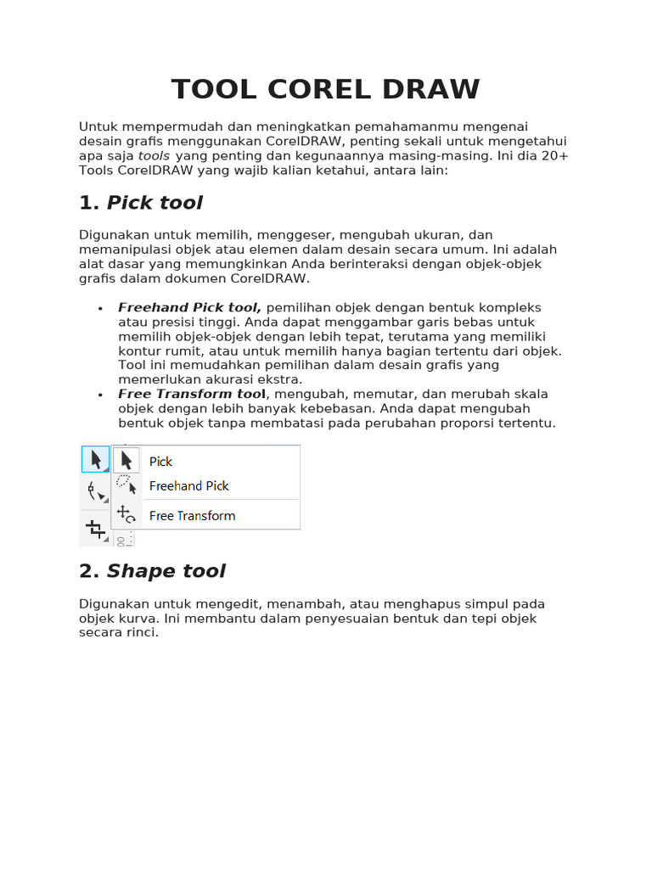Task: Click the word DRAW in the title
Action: [x=433, y=89]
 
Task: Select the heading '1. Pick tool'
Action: [x=141, y=203]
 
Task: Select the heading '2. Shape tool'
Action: [x=152, y=571]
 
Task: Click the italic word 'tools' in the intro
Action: [x=154, y=156]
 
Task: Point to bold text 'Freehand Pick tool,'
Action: [x=189, y=307]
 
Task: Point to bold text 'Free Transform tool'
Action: [x=192, y=394]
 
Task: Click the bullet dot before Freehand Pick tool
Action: [x=100, y=308]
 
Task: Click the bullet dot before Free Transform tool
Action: [x=100, y=395]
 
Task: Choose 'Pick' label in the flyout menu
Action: [x=160, y=462]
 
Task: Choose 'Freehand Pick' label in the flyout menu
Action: [x=188, y=486]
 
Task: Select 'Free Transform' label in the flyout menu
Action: [x=192, y=516]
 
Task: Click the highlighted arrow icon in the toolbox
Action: [x=95, y=460]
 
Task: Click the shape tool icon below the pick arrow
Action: [x=95, y=492]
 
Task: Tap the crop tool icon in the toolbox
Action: [x=95, y=529]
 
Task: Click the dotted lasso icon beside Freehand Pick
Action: [x=126, y=485]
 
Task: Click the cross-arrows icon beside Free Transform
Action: [x=126, y=514]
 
